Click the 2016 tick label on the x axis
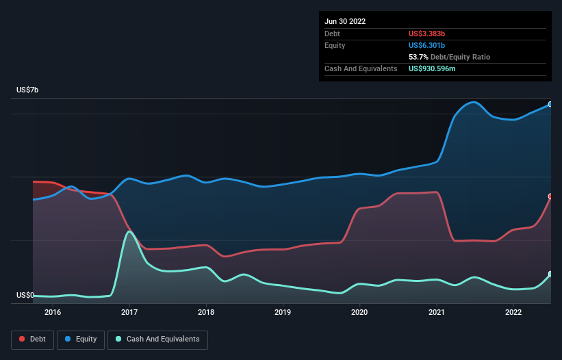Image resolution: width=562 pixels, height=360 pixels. [53, 313]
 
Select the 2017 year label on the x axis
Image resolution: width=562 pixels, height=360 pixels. [129, 313]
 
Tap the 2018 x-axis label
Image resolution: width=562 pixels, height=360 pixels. [206, 313]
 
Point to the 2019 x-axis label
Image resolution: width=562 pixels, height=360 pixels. [283, 313]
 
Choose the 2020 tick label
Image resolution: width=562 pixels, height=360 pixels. [360, 313]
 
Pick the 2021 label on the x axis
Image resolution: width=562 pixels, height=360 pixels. [437, 313]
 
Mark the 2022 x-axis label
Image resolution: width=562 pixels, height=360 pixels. [514, 313]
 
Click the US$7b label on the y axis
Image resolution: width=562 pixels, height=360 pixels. [28, 90]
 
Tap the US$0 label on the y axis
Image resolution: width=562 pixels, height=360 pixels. [25, 296]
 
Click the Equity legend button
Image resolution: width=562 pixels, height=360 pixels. [80, 339]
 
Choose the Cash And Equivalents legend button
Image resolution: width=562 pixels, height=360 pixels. [157, 339]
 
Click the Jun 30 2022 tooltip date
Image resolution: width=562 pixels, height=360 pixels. [345, 21]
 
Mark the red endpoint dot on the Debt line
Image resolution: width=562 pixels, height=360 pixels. [550, 196]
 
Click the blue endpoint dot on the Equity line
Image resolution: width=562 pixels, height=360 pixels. [550, 104]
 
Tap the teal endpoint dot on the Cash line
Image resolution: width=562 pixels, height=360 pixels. [550, 274]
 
